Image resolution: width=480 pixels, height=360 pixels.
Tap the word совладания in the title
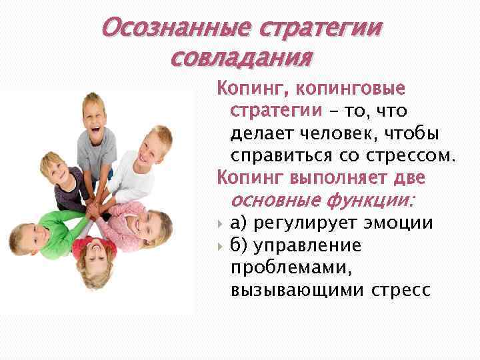click(241, 59)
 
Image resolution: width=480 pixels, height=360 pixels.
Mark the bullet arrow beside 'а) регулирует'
click(220, 223)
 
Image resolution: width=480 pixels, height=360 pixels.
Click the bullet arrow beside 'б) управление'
click(220, 246)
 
